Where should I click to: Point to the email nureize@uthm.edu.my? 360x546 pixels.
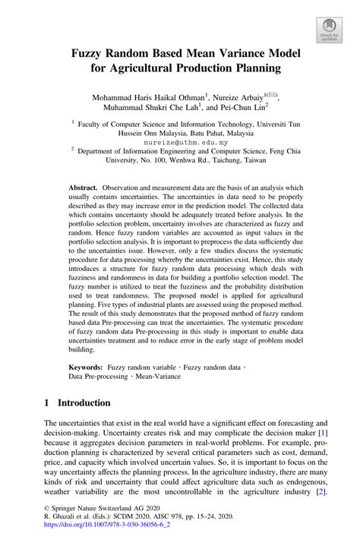point(179,141)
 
